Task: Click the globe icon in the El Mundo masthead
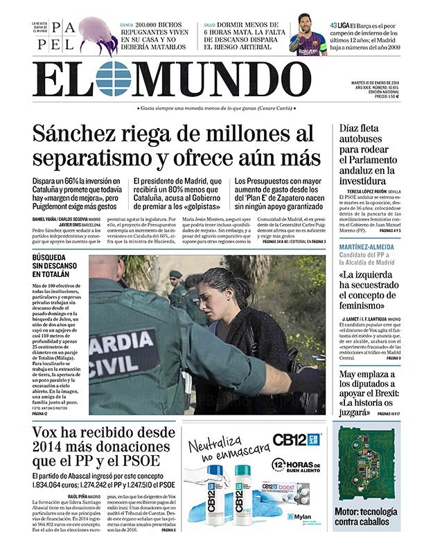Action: [114, 78]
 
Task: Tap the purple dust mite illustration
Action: [97, 35]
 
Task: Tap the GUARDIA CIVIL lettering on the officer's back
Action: [114, 353]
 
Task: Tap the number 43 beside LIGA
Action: [334, 25]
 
